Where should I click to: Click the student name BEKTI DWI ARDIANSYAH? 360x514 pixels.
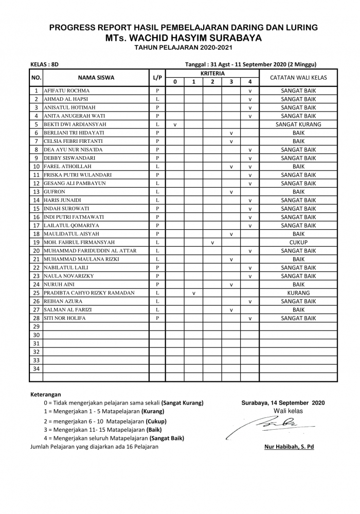pos(75,124)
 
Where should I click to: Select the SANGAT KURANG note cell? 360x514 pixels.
pos(298,124)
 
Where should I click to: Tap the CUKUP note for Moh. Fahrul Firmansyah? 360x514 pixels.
pos(298,242)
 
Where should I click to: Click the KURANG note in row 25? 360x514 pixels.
pos(298,293)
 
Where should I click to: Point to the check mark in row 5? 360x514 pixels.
pos(175,125)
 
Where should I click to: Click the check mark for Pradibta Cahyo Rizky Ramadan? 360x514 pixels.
pos(193,293)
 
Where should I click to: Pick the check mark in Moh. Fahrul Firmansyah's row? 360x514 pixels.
pos(212,243)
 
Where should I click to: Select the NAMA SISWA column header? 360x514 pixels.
pos(96,78)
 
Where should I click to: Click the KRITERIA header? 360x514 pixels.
pos(212,74)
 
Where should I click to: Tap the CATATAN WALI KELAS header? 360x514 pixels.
pos(298,78)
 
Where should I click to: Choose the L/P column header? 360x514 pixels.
pos(157,78)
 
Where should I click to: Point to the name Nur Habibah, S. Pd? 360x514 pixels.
pos(289,447)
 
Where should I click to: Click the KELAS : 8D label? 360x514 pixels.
pos(45,64)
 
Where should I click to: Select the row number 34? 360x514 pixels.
pos(36,369)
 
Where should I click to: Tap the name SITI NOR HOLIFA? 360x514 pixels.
pos(65,318)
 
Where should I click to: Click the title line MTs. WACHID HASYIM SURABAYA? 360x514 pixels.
pos(183,38)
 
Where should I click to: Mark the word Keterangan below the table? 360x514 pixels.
pos(46,394)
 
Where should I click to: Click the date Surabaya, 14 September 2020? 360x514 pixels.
pos(283,402)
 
